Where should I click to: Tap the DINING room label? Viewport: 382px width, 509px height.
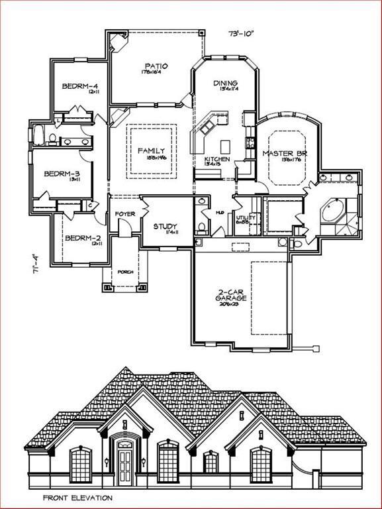225,83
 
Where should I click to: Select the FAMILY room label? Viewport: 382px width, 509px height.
152,151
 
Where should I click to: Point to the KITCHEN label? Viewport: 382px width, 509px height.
217,160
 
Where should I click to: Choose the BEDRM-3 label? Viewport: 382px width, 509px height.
62,174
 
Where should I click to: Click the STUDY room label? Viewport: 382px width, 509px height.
166,227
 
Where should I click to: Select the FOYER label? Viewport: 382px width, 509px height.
125,214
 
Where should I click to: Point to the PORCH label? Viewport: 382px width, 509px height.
125,272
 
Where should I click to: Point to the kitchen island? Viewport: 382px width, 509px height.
224,145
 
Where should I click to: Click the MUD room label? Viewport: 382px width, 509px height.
219,213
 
